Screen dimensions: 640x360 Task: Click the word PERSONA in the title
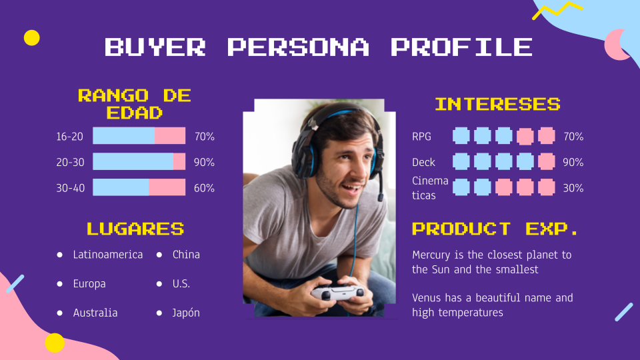click(299, 47)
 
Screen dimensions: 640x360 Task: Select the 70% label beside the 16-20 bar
click(205, 136)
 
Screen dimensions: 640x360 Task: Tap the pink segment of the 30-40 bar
click(167, 187)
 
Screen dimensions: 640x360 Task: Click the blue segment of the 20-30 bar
click(133, 161)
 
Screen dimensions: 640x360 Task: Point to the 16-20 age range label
click(70, 136)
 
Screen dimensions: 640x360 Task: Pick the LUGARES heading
click(135, 229)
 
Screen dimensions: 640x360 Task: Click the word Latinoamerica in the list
click(108, 255)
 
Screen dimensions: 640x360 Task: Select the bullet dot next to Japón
click(159, 313)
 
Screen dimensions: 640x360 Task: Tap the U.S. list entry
click(181, 284)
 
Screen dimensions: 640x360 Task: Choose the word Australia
click(95, 313)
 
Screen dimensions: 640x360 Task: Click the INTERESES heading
click(497, 104)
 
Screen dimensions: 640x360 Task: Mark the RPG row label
click(421, 136)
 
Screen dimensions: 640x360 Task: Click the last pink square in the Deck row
click(547, 161)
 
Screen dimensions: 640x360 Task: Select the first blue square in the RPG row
click(461, 136)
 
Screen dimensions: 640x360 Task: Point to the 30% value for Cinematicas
click(573, 188)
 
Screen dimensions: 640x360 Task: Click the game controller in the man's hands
click(337, 291)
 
